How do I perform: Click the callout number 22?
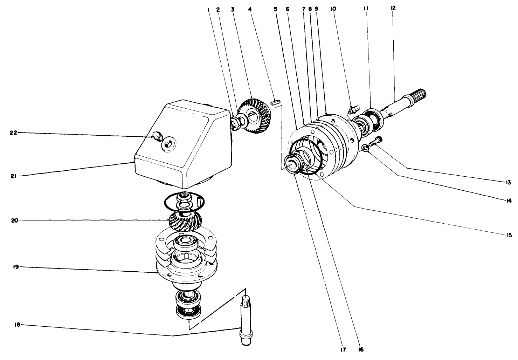click(13, 133)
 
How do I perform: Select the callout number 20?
click(13, 220)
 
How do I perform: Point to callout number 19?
click(13, 267)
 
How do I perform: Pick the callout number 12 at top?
click(393, 8)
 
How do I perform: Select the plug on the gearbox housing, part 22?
click(157, 136)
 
